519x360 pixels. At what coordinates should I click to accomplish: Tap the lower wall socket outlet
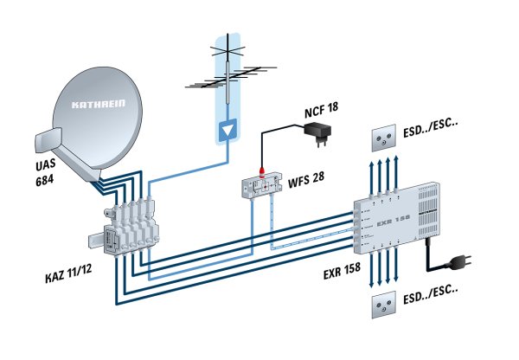(385, 307)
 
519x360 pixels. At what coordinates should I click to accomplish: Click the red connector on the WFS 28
(261, 164)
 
